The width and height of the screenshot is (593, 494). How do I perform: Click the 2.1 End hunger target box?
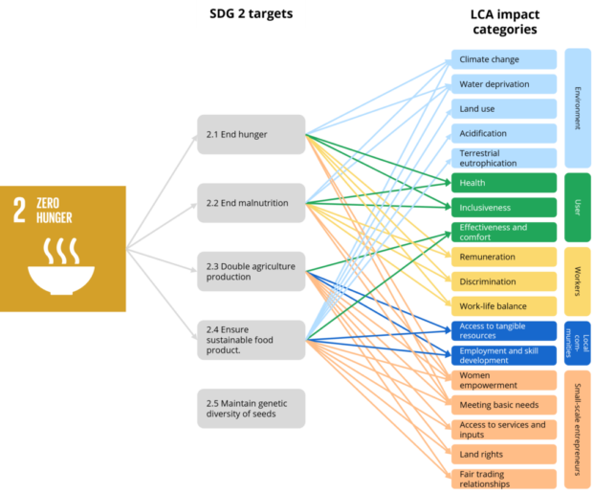pos(251,134)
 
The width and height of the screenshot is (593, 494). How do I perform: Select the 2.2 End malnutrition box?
pos(251,203)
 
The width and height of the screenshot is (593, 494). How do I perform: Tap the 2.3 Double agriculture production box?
pos(251,271)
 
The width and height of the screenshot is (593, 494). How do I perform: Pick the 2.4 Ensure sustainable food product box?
pos(251,340)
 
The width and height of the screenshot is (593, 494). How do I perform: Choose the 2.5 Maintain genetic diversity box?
pos(251,408)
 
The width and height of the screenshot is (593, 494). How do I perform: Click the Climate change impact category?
pos(503,59)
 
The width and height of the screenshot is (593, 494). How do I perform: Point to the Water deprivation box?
pos(503,84)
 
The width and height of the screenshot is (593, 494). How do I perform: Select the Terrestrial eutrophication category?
pos(503,158)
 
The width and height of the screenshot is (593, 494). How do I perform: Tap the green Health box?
pos(503,183)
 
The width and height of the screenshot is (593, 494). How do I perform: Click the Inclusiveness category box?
pos(503,208)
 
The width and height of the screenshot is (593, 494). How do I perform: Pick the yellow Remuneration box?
pos(503,257)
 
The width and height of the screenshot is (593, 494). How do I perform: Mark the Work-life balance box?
pos(503,306)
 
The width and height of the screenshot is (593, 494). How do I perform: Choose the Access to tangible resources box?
pos(503,331)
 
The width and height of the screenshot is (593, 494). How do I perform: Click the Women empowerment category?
pos(503,380)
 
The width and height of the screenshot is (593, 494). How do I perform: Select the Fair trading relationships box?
pos(503,479)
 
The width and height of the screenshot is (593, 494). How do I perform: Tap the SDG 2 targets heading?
pos(251,14)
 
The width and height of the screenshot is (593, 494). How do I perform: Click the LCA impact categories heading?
pos(503,21)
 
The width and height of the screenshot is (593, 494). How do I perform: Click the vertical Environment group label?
pos(576,108)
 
